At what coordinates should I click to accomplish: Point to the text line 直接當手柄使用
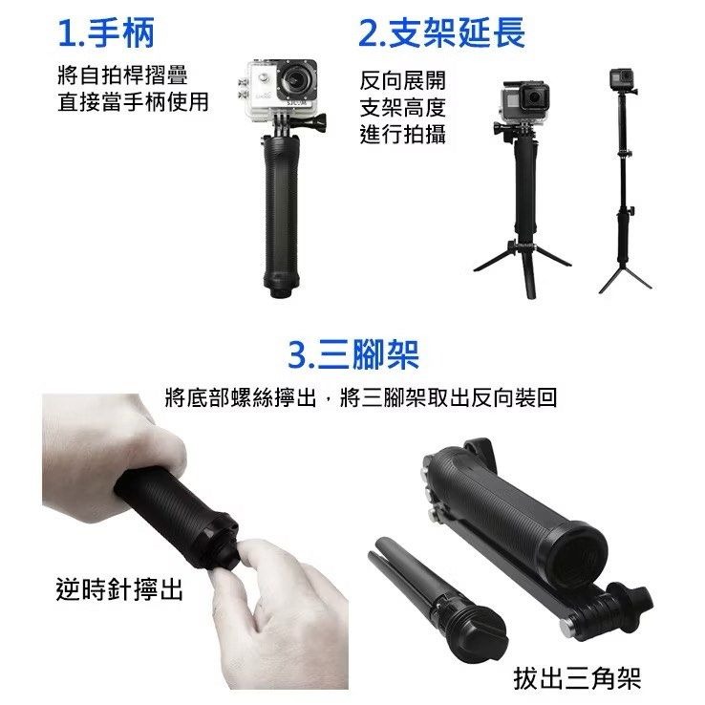[x=132, y=101]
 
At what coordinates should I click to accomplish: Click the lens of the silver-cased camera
[x=303, y=78]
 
